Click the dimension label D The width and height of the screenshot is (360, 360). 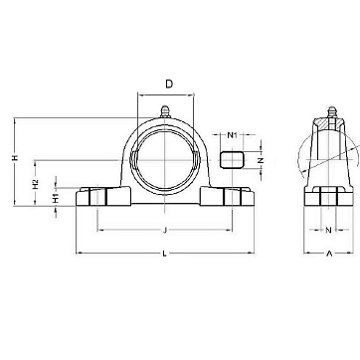pos(169,85)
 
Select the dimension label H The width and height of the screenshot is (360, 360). pos(15,158)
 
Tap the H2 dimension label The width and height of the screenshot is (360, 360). pos(36,184)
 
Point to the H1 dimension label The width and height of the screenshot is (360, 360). pos(56,198)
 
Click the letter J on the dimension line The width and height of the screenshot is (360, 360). pos(165,230)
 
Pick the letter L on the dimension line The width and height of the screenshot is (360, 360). pos(164,254)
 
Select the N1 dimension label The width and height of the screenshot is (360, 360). pos(232,135)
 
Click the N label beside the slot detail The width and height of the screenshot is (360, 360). pos(261,160)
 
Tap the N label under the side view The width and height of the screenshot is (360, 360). pos(328,230)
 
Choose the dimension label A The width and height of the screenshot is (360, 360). pos(329,254)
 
